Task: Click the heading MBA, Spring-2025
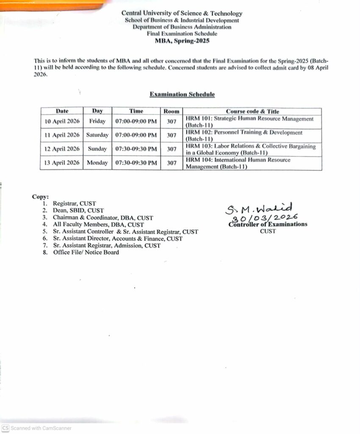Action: (182, 41)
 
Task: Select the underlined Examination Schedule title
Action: (182, 95)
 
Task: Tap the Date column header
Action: (62, 111)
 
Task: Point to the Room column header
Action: (172, 111)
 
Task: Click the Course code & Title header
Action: (252, 111)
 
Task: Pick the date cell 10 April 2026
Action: (62, 122)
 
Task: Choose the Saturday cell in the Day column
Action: (97, 135)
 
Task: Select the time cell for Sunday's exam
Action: (136, 149)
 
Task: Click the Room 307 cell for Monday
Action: (172, 163)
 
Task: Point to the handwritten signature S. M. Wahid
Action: (259, 209)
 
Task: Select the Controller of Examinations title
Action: (268, 224)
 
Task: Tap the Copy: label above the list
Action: (40, 197)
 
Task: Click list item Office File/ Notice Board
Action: (86, 252)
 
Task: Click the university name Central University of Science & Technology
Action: (182, 14)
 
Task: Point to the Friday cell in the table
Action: (97, 122)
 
